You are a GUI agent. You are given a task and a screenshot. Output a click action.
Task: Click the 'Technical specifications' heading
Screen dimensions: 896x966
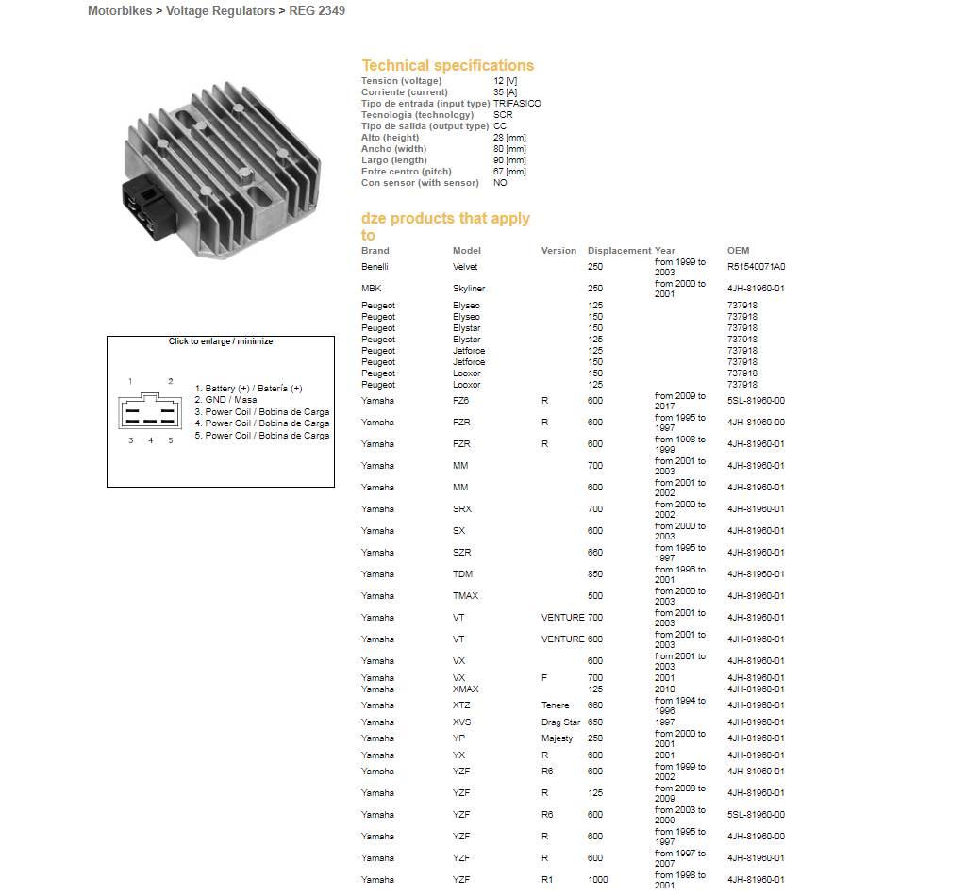coord(447,65)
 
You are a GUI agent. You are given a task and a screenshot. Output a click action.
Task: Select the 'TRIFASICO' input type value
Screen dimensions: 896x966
coord(517,104)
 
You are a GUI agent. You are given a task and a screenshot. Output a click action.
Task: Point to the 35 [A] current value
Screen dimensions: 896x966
coord(505,92)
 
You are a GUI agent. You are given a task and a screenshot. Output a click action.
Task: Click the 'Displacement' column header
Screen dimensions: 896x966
coord(619,251)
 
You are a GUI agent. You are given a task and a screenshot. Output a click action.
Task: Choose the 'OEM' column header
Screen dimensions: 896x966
coord(738,251)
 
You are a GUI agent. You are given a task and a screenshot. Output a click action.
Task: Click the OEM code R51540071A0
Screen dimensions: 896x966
coord(756,267)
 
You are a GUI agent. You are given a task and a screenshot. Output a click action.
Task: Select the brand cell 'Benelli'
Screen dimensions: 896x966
coord(375,267)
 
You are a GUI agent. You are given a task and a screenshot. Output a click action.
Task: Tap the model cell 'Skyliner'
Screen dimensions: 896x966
coord(469,289)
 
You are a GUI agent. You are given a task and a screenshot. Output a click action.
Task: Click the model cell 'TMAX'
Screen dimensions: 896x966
coord(465,596)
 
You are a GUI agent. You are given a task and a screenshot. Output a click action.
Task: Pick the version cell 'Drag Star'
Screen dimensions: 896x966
coord(560,722)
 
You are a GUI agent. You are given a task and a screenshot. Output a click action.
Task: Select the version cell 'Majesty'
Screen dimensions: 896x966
coord(557,738)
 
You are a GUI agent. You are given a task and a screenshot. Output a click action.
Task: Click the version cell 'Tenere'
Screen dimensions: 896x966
coord(555,705)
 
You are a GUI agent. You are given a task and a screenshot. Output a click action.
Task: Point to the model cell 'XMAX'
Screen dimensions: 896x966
coord(465,689)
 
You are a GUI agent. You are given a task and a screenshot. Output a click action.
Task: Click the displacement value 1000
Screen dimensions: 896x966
coord(597,880)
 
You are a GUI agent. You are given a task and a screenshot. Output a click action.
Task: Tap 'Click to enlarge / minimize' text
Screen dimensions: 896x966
coord(221,341)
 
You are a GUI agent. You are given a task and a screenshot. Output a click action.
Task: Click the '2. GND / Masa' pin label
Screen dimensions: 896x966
coord(225,400)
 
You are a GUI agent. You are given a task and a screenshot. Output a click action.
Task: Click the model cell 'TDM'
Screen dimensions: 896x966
coord(462,574)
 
